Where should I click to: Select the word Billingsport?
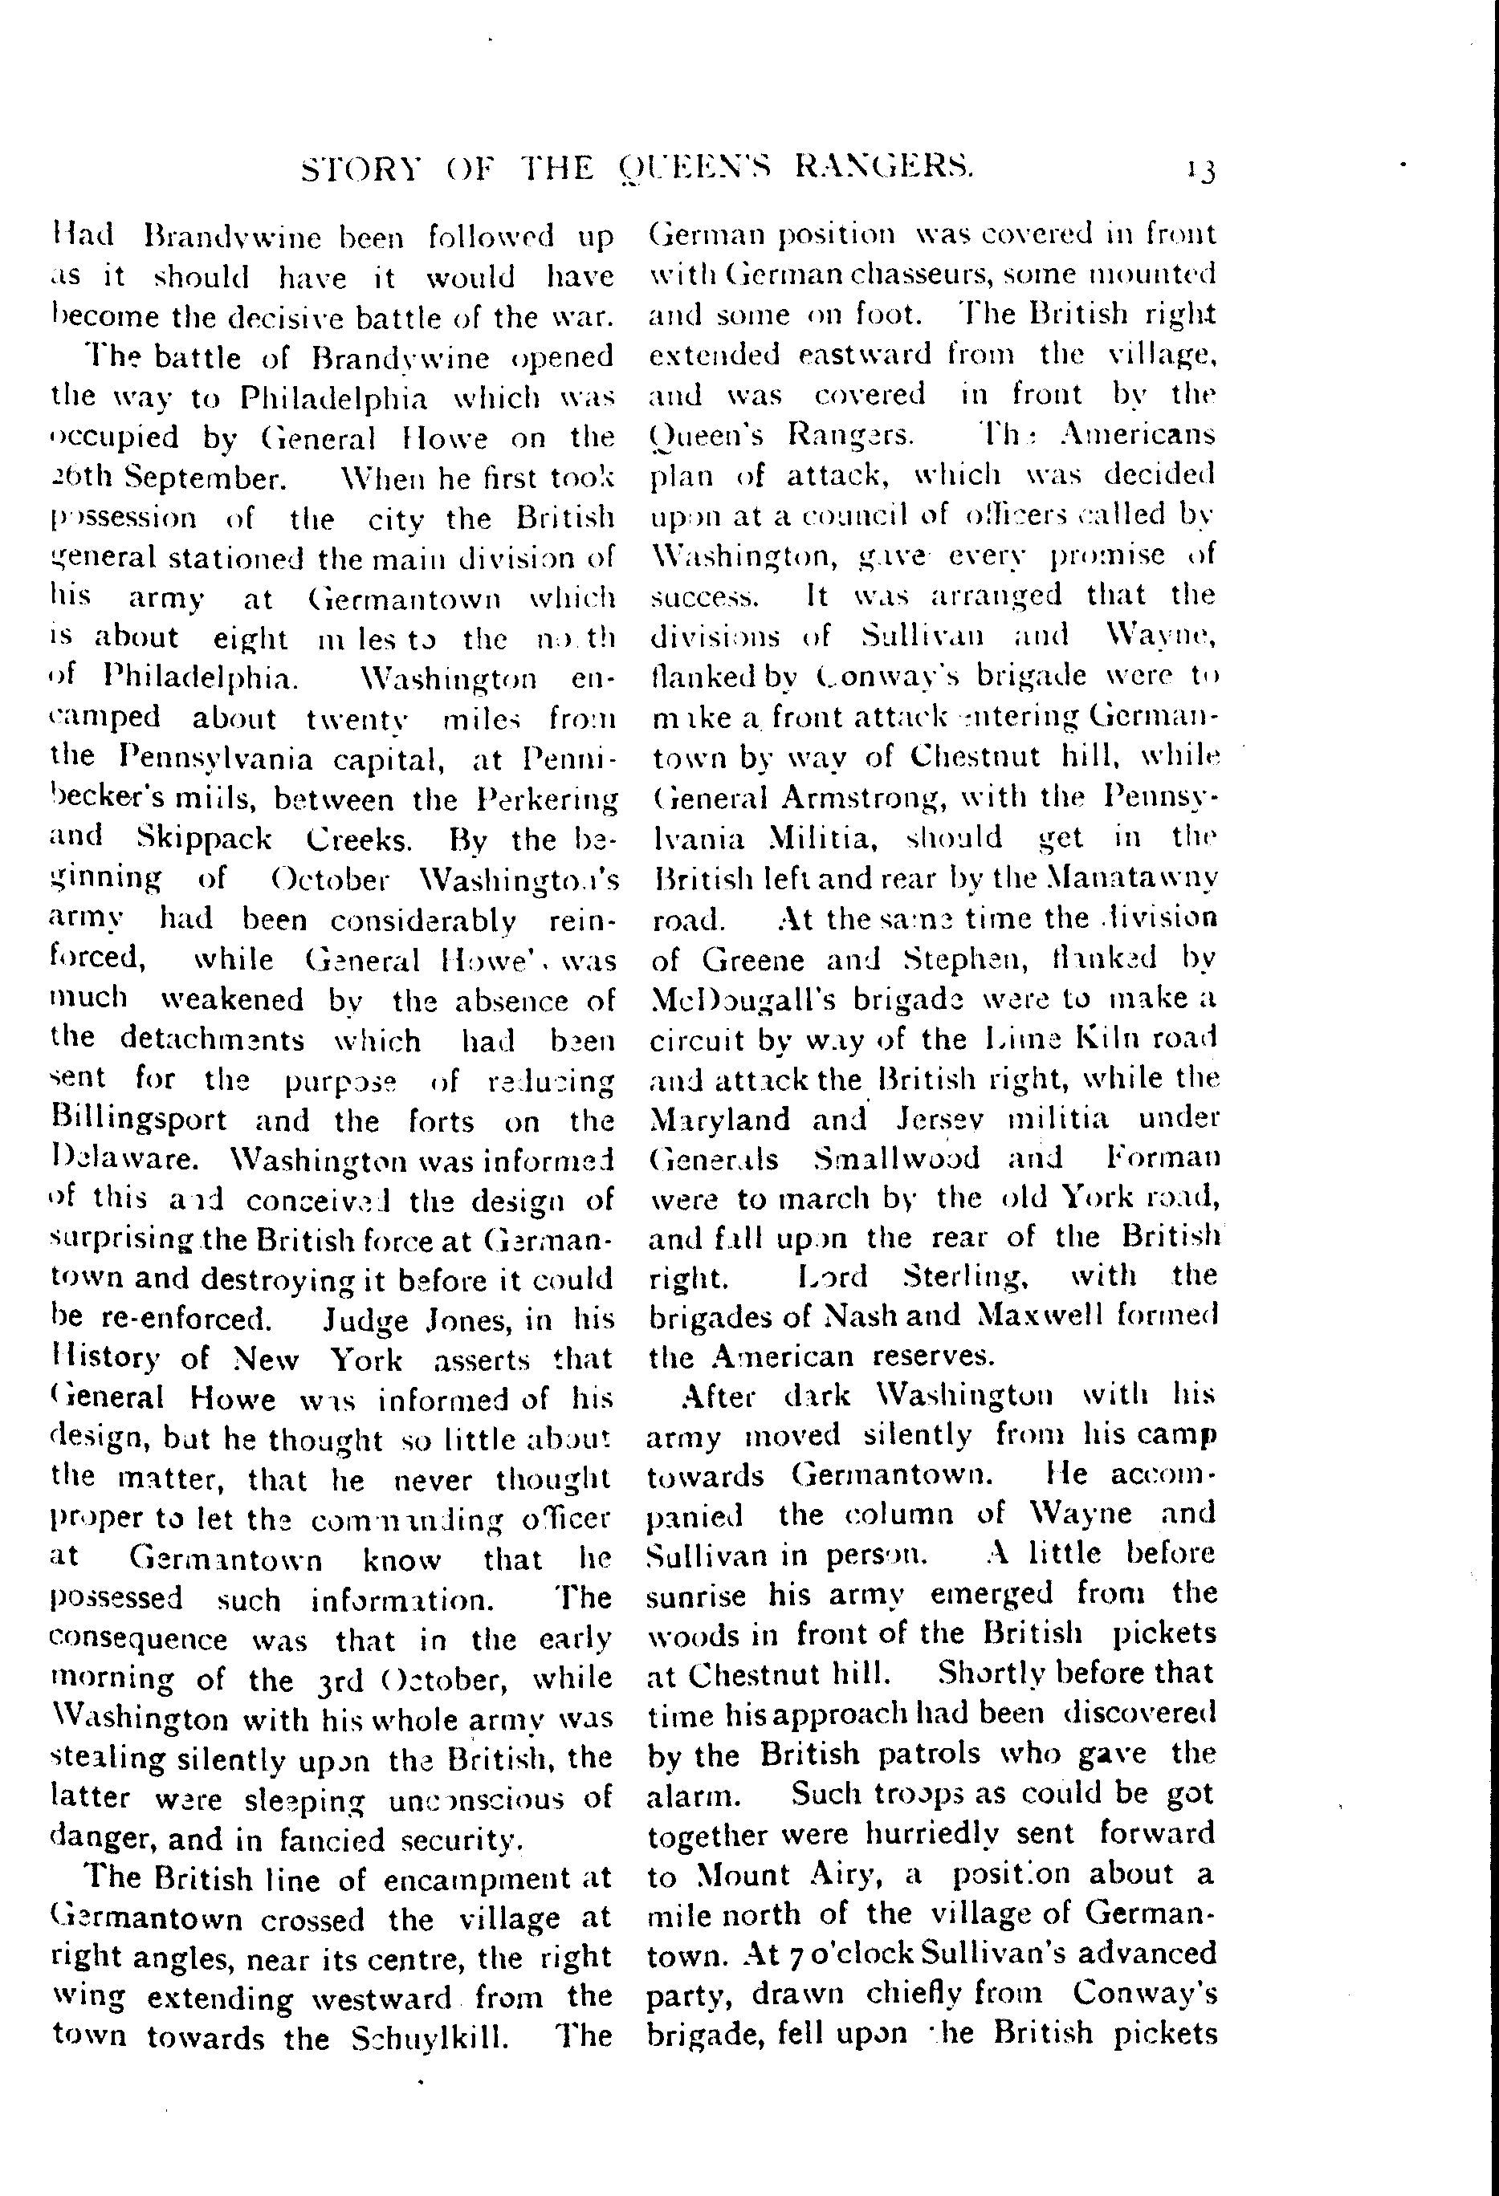click(x=139, y=1120)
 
